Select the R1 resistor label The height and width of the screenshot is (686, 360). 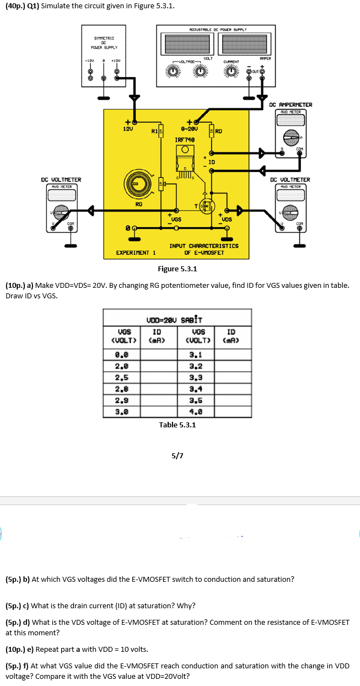tap(154, 131)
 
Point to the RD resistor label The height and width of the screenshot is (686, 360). tap(218, 131)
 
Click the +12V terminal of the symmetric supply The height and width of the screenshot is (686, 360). tap(116, 71)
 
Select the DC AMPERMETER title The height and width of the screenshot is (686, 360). tap(291, 105)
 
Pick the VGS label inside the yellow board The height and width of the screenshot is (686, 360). tap(176, 219)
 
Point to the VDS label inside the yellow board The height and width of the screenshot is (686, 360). tap(226, 219)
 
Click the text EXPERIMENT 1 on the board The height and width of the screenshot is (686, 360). tap(136, 253)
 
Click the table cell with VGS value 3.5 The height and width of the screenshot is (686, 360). tap(196, 401)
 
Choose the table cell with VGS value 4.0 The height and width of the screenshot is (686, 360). tap(196, 411)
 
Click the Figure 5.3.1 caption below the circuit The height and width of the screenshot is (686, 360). tap(177, 269)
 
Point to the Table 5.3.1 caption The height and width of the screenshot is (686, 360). tap(177, 425)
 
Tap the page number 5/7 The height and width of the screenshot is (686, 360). tap(178, 455)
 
